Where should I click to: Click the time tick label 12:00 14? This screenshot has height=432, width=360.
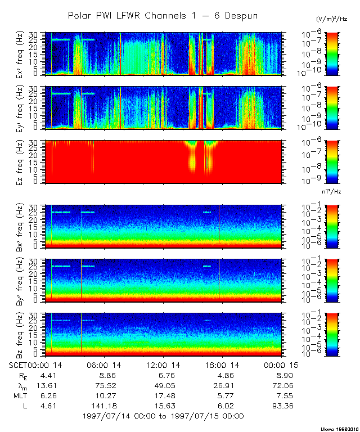pos(163,365)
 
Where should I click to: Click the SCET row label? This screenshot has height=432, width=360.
pos(20,365)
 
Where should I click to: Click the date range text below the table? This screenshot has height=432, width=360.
pos(163,416)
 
